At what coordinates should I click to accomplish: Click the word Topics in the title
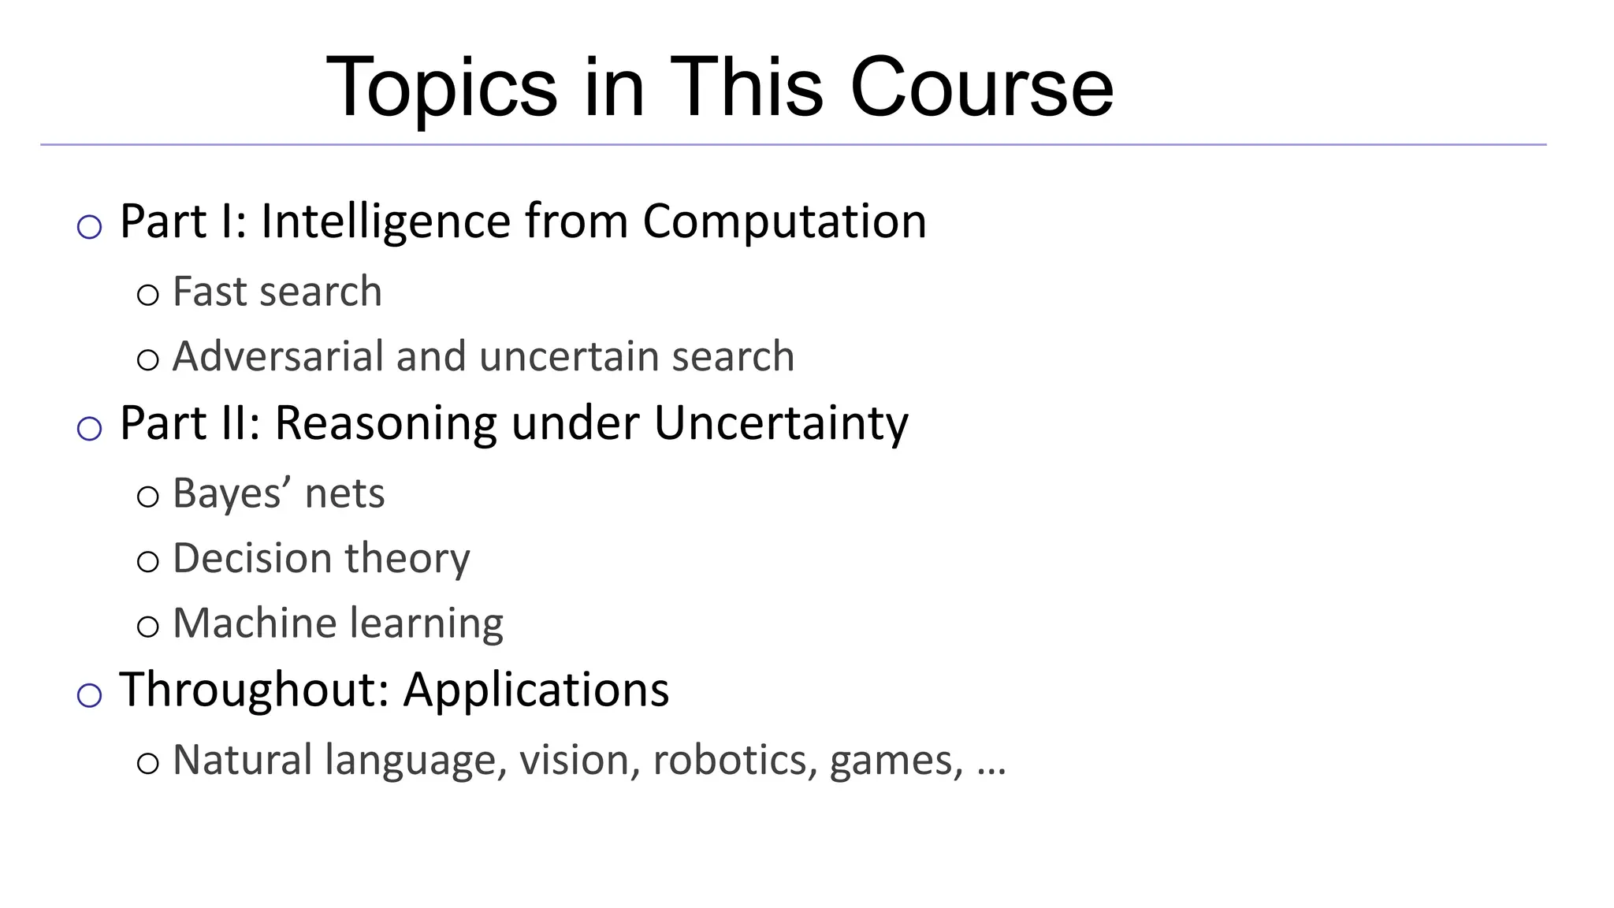pos(441,88)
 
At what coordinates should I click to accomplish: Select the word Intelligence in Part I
pos(385,221)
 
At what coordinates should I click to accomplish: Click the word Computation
pos(784,222)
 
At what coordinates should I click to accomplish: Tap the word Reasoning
pos(385,423)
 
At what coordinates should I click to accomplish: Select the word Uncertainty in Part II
pos(780,423)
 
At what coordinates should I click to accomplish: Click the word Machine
pos(255,623)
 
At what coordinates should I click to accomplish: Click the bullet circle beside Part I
pos(90,228)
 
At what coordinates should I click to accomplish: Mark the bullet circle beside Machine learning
pos(147,627)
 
